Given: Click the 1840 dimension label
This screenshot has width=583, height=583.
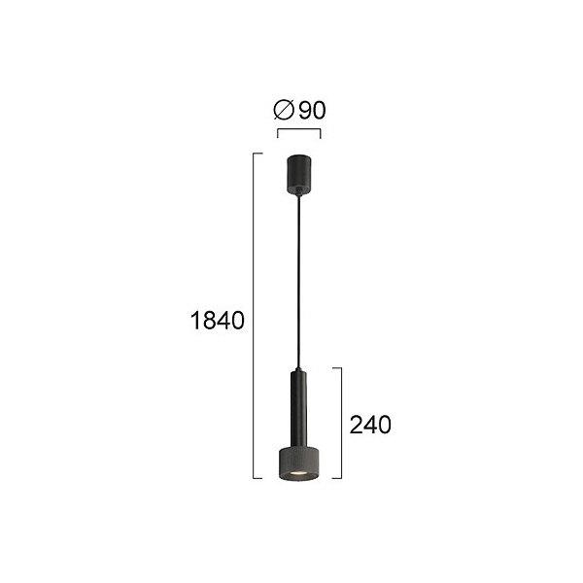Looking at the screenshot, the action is pyautogui.click(x=217, y=320).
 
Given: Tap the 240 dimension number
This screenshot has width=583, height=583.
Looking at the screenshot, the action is pyautogui.click(x=370, y=425).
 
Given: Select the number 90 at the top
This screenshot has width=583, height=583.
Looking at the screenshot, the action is pyautogui.click(x=312, y=110).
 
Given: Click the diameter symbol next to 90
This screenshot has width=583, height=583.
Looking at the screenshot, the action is pyautogui.click(x=284, y=110).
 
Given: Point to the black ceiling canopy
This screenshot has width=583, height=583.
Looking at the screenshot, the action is pyautogui.click(x=299, y=174).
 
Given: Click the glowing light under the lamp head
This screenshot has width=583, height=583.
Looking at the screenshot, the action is pyautogui.click(x=298, y=473).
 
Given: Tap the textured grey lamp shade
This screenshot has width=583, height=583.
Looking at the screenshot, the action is pyautogui.click(x=299, y=464).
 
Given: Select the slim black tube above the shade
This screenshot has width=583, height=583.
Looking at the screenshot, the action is pyautogui.click(x=299, y=409).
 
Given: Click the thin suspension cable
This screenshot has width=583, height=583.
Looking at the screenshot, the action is pyautogui.click(x=298, y=282).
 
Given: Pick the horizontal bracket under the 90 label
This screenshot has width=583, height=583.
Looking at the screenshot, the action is pyautogui.click(x=298, y=129).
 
